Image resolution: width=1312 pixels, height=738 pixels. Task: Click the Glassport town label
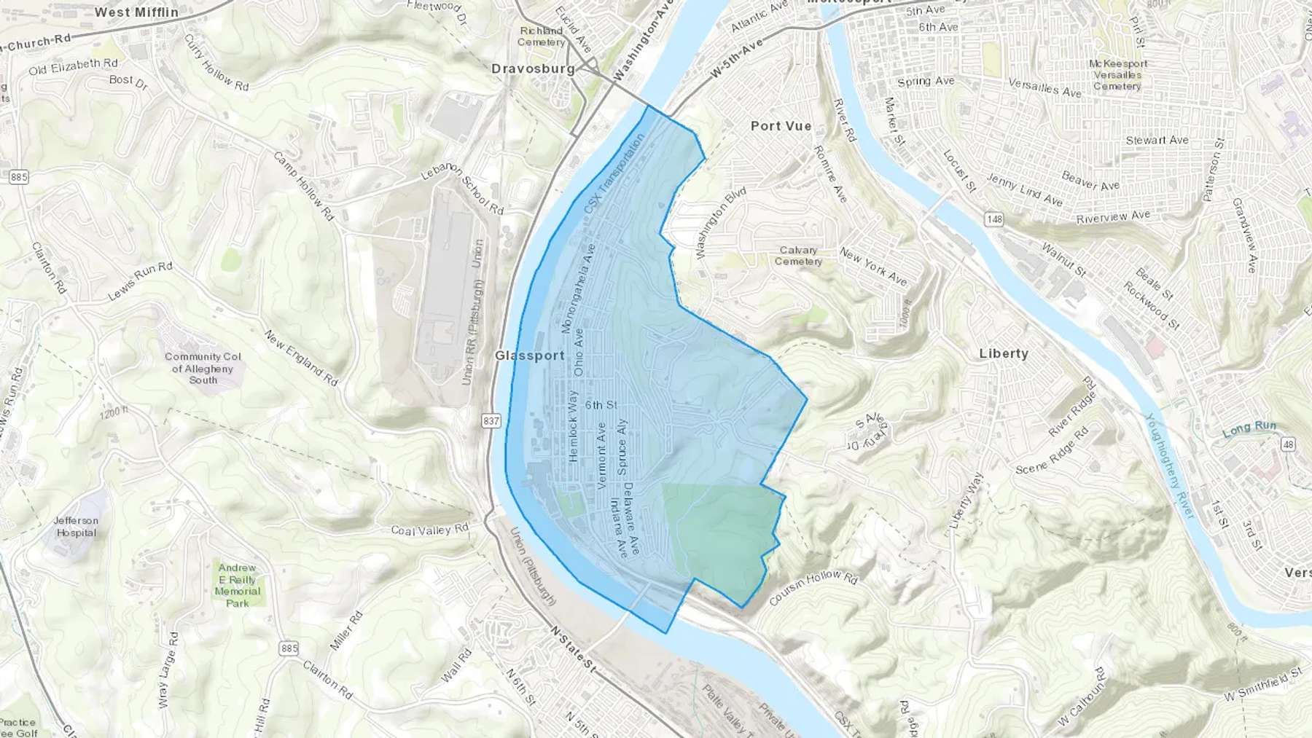529,356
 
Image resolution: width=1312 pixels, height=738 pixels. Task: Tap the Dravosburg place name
533,69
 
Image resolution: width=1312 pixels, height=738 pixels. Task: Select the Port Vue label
781,126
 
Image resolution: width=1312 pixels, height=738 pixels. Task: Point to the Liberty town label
1003,353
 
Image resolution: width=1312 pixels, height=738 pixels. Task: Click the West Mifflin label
136,12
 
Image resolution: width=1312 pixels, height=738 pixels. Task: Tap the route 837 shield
491,421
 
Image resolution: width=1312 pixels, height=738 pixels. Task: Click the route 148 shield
993,219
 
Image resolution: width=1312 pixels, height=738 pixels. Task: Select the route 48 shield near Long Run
1288,444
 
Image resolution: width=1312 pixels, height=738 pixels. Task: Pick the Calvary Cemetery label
798,256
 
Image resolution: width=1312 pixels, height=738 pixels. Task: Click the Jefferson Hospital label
76,526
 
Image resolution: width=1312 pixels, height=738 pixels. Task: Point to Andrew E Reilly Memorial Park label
237,585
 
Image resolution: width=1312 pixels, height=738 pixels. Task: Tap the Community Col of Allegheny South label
203,368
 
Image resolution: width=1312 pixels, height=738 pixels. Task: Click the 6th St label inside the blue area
601,405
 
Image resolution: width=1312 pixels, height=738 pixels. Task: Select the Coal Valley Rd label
429,530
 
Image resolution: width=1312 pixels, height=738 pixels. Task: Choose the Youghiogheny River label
1169,466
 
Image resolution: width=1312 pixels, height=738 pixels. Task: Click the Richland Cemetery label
541,36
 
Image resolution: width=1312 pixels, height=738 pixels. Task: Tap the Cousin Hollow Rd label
813,588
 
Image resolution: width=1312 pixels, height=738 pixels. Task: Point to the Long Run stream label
1249,428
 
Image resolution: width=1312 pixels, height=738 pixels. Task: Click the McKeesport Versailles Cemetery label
1117,75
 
